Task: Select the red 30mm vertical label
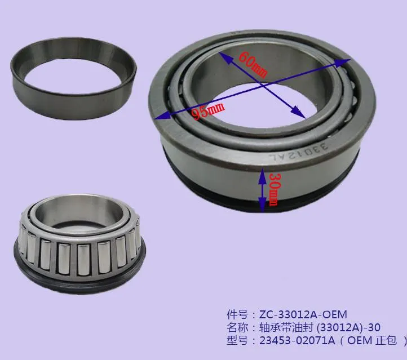(x=273, y=189)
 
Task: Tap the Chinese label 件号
(x=233, y=314)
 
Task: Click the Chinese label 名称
(x=233, y=327)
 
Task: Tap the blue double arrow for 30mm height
(x=262, y=190)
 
